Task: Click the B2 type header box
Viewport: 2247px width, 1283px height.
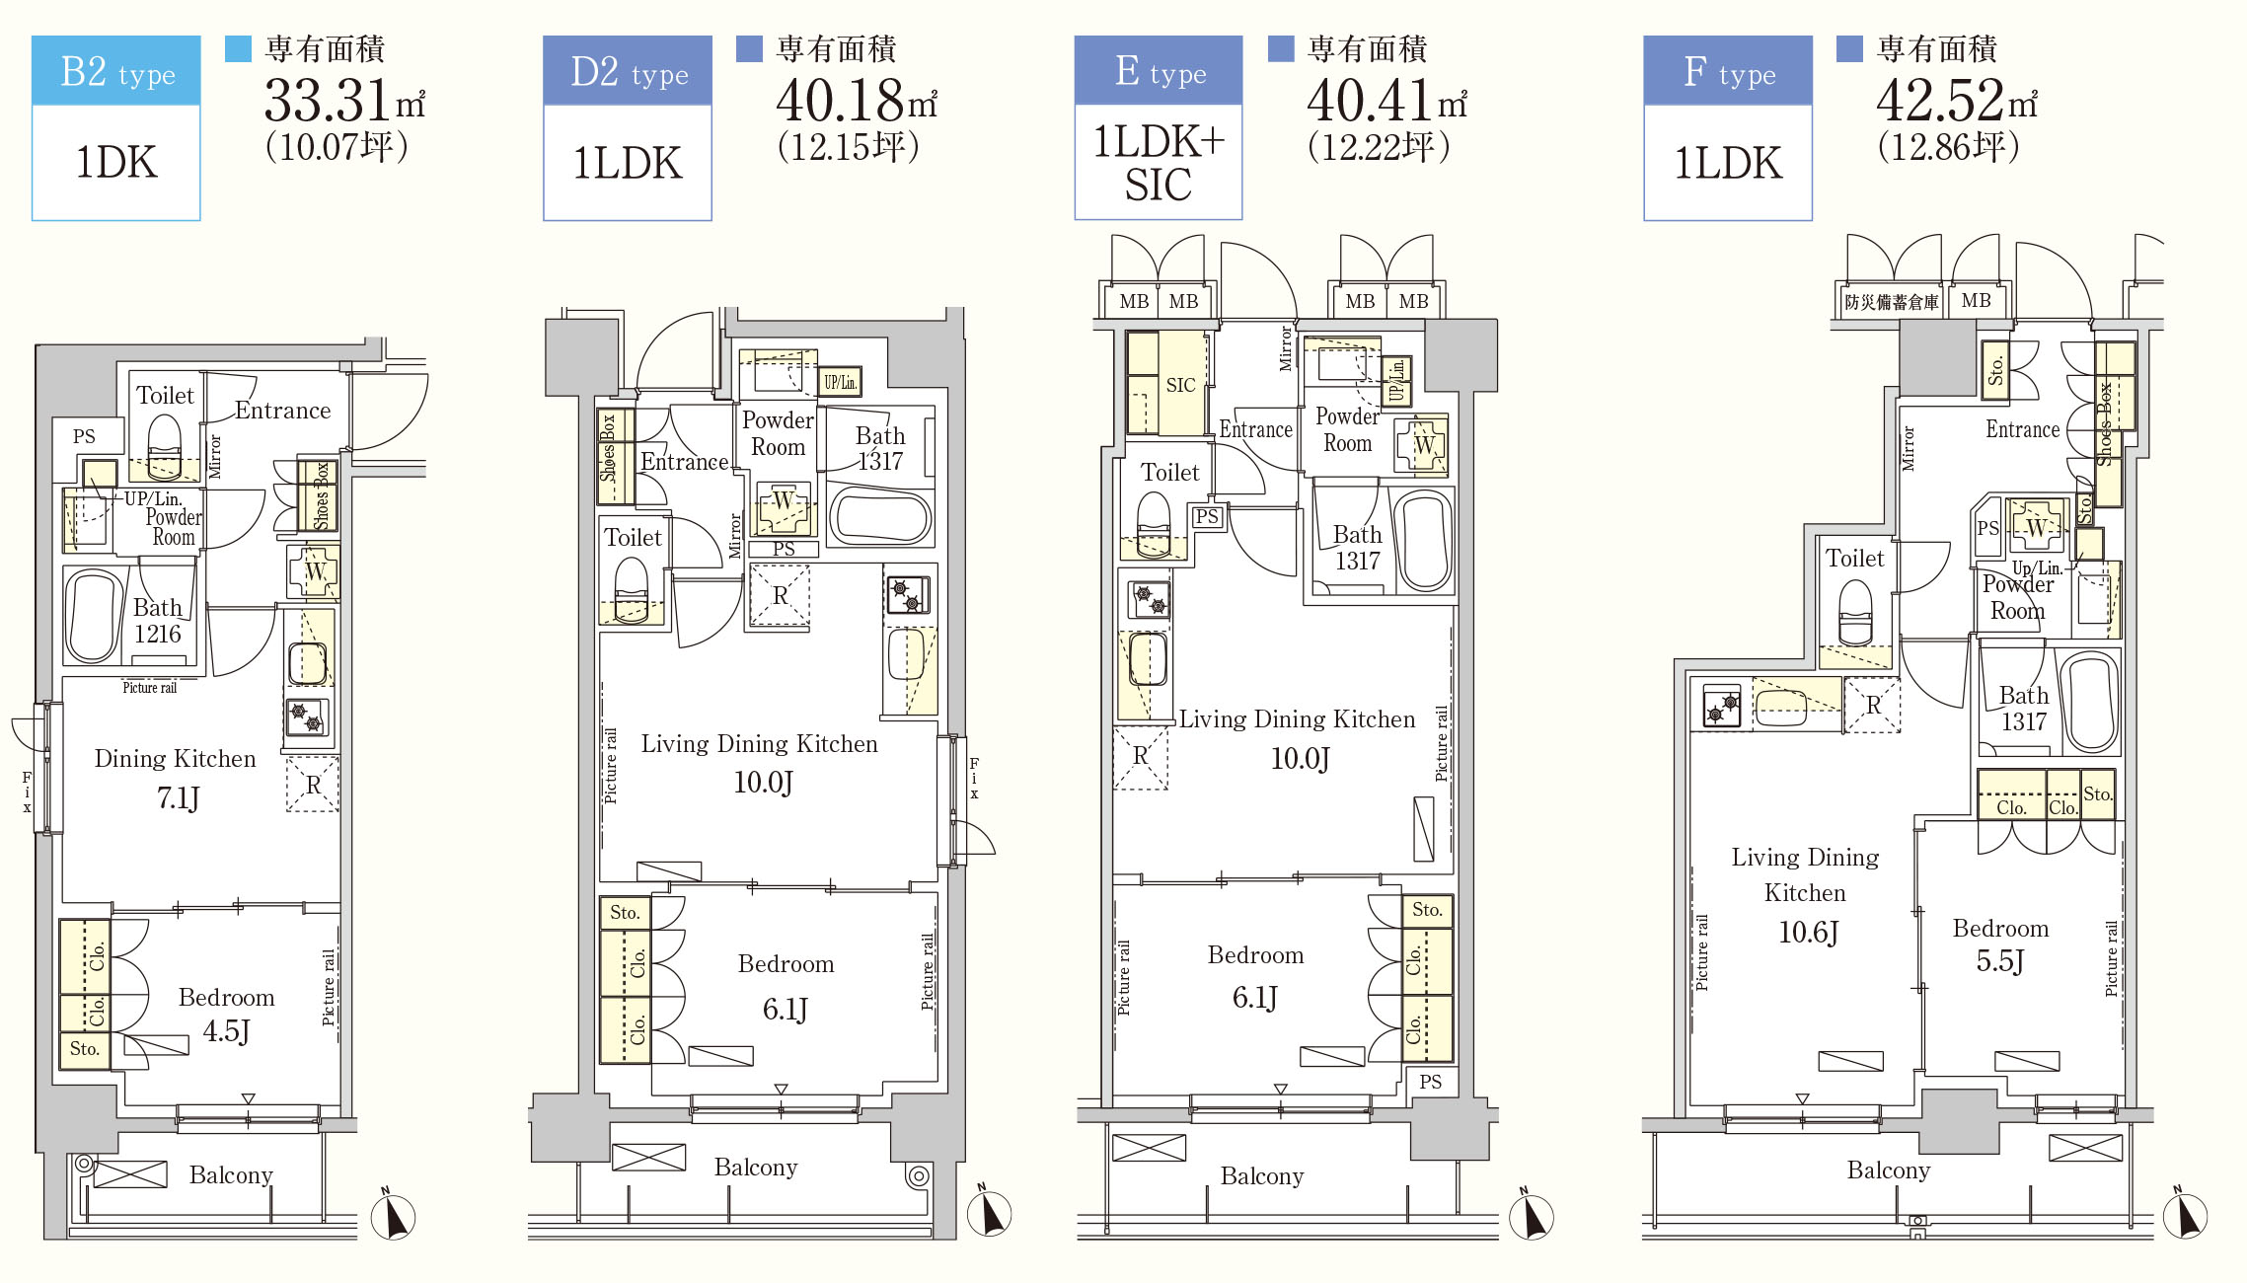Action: (116, 71)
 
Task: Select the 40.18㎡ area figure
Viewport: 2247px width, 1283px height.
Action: (856, 100)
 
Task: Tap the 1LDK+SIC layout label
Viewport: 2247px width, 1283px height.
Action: (1159, 163)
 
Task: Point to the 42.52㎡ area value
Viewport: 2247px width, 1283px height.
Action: (1956, 100)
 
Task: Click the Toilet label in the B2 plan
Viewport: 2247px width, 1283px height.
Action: (165, 396)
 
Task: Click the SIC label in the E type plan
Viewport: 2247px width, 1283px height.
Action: (1180, 385)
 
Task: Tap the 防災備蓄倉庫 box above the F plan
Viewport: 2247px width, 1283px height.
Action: (1891, 302)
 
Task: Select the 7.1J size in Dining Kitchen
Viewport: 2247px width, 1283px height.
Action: (179, 797)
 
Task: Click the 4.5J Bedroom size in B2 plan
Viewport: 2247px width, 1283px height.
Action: (226, 1031)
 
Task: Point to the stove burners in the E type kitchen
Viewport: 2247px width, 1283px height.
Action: (1149, 599)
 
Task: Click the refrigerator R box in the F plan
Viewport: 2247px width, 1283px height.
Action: (1872, 705)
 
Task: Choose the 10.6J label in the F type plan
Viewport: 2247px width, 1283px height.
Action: (1808, 932)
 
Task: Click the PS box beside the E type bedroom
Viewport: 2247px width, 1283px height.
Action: (1430, 1082)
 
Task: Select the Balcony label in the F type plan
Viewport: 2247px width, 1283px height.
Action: (1889, 1170)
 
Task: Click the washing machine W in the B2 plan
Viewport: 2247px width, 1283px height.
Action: (314, 571)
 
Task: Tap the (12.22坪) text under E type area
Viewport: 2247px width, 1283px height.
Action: (1379, 147)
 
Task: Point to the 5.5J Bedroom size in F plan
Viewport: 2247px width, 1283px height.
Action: (1999, 961)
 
